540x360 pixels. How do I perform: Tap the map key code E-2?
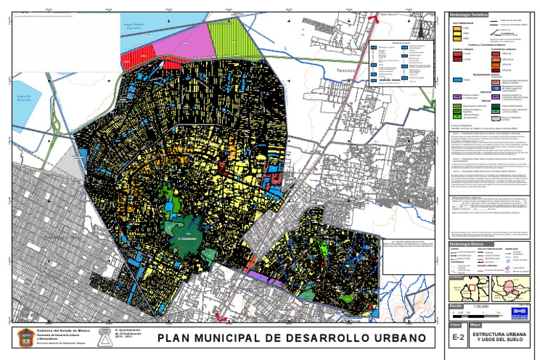click(x=458, y=338)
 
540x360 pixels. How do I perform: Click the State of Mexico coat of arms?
click(x=25, y=339)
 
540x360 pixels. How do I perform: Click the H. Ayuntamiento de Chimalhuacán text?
click(x=127, y=333)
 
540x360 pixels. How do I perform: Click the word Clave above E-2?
click(x=456, y=326)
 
